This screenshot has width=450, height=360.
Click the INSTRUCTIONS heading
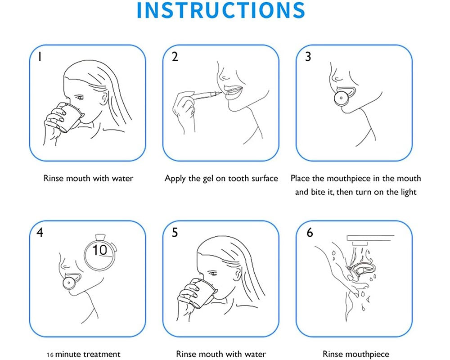(x=220, y=10)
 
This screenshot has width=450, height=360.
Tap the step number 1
(x=40, y=57)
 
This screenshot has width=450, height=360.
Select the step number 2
(x=175, y=57)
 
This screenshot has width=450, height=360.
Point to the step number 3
(x=308, y=57)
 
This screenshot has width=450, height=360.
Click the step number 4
(x=40, y=232)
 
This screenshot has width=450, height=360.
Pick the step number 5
(x=175, y=232)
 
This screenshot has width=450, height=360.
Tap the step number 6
(x=310, y=232)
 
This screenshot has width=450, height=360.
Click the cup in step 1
(x=70, y=117)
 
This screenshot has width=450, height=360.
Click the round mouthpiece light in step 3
(x=341, y=98)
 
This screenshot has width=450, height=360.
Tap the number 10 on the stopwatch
(x=99, y=250)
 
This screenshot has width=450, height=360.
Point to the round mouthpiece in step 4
(x=69, y=283)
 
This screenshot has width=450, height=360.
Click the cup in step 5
(x=202, y=293)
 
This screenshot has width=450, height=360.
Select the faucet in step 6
(x=370, y=239)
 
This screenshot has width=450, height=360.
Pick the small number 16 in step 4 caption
(x=50, y=355)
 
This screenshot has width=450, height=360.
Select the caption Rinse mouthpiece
(x=356, y=354)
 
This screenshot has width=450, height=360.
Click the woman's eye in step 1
(x=79, y=98)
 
